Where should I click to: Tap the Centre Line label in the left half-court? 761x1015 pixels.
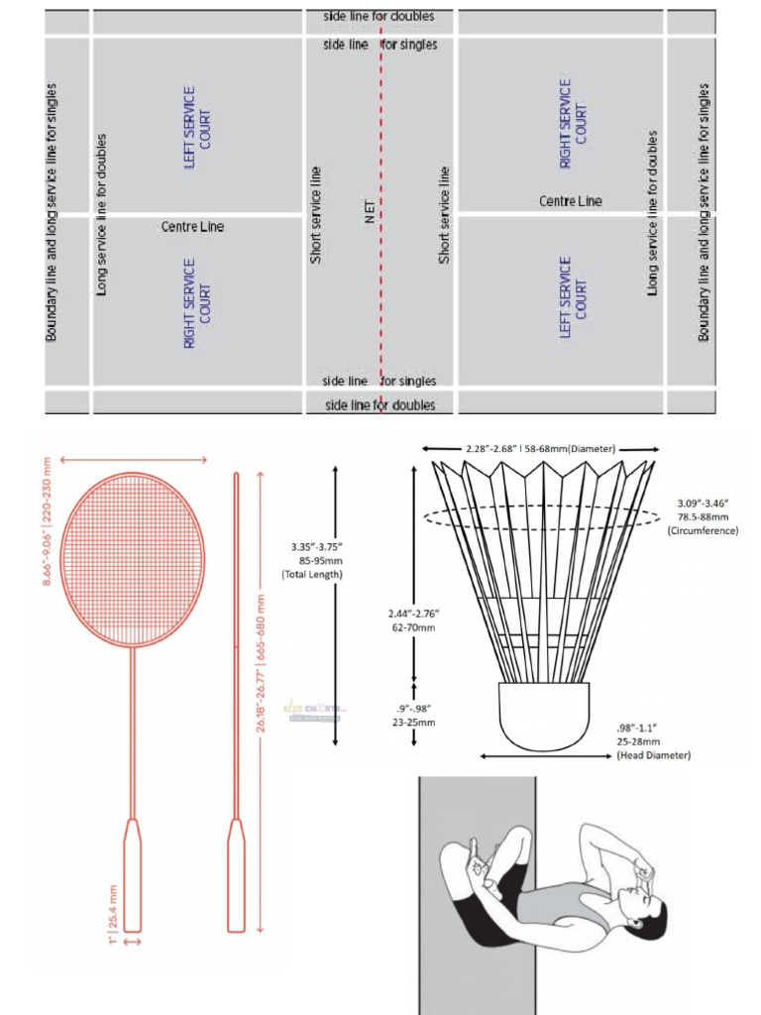pos(192,227)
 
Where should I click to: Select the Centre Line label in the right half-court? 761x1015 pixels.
pos(570,201)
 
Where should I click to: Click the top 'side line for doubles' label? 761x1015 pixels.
pos(379,17)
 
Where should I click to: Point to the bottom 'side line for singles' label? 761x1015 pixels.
pos(380,382)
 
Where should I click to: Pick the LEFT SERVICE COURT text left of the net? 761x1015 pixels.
pos(197,127)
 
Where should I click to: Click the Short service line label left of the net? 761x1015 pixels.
pos(316,215)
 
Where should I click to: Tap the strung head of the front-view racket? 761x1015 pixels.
pos(133,559)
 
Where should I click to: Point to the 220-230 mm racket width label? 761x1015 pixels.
pos(46,520)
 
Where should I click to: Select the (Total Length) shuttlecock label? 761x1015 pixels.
pos(312,574)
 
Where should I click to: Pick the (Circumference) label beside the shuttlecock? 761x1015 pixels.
pos(703,531)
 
